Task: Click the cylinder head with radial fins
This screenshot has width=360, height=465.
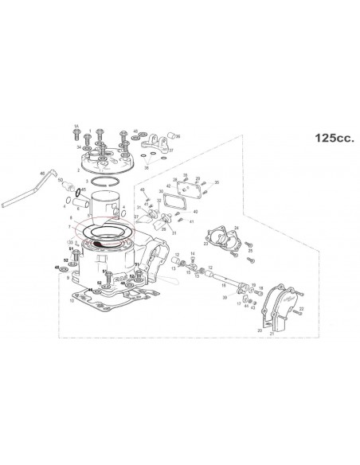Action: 104,163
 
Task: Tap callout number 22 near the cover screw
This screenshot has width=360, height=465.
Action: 301,307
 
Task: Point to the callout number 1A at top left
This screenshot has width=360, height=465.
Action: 76,127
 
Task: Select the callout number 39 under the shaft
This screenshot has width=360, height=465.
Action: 225,297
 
